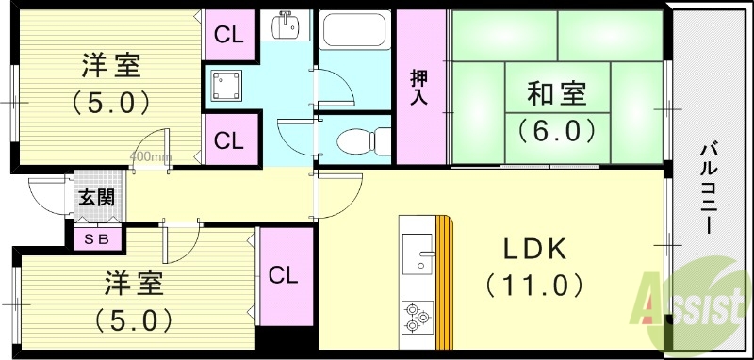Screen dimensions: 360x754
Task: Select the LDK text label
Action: pyautogui.click(x=533, y=250)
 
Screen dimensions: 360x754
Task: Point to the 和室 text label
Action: pyautogui.click(x=556, y=94)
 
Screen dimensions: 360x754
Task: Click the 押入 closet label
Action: pyautogui.click(x=420, y=89)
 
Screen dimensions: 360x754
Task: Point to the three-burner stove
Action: pyautogui.click(x=415, y=316)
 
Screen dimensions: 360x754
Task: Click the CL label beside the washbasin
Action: pyautogui.click(x=229, y=36)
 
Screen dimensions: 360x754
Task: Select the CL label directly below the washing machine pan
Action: pyautogui.click(x=229, y=141)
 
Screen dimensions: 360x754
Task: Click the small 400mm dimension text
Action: pyautogui.click(x=150, y=156)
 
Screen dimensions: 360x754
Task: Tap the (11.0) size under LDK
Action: pyautogui.click(x=533, y=283)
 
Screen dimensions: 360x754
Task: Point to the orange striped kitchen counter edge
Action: pyautogui.click(x=445, y=283)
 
